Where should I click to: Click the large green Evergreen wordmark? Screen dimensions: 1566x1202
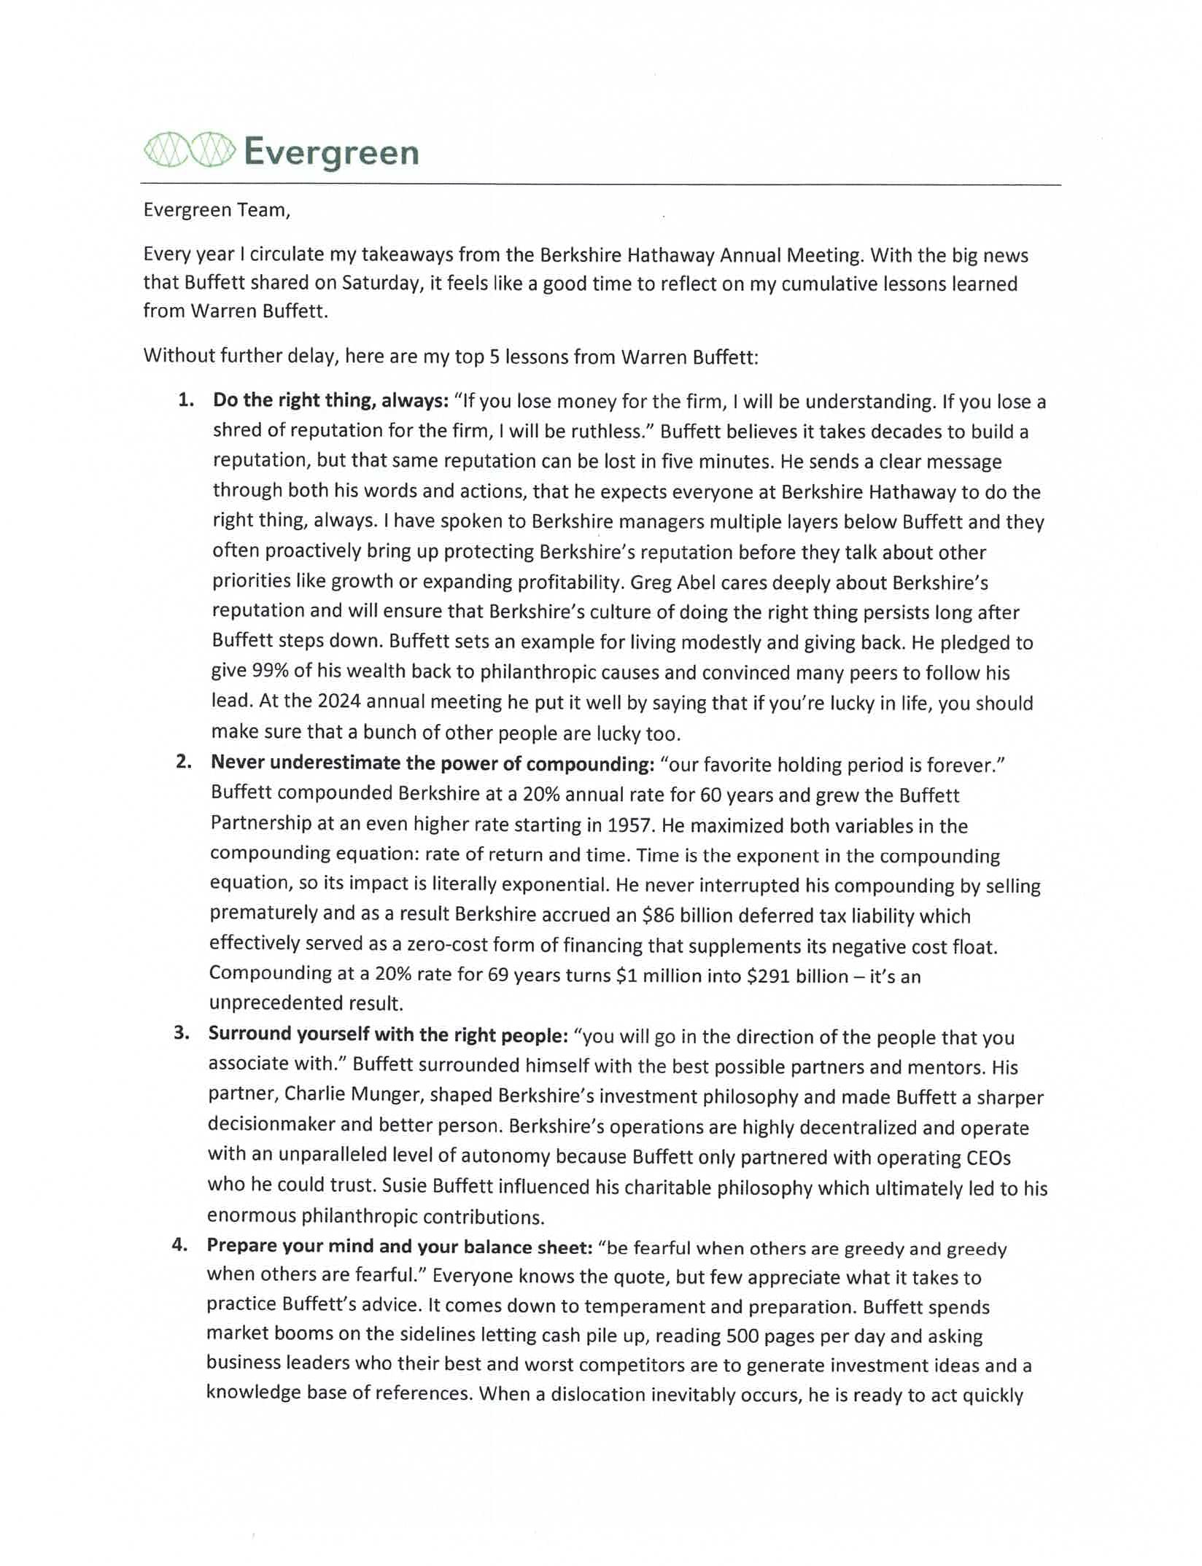click(x=331, y=153)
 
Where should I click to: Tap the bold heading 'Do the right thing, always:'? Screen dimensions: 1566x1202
click(x=330, y=400)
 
